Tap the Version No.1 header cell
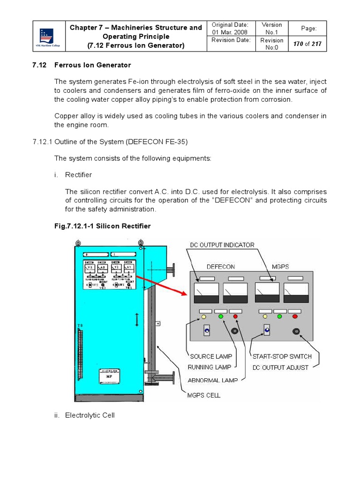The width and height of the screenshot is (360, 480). click(271, 29)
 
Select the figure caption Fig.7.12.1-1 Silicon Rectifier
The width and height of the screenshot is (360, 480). click(103, 226)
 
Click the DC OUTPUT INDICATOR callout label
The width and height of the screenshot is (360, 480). click(222, 245)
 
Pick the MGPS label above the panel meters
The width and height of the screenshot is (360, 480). click(280, 266)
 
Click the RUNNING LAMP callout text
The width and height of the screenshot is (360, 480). click(210, 367)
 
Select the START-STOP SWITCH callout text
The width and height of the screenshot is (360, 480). click(281, 356)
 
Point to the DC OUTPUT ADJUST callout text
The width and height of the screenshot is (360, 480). click(280, 367)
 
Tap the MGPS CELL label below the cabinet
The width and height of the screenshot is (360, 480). click(204, 395)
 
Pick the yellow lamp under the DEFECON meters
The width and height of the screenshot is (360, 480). click(204, 317)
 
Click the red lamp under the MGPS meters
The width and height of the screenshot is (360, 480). click(295, 317)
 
